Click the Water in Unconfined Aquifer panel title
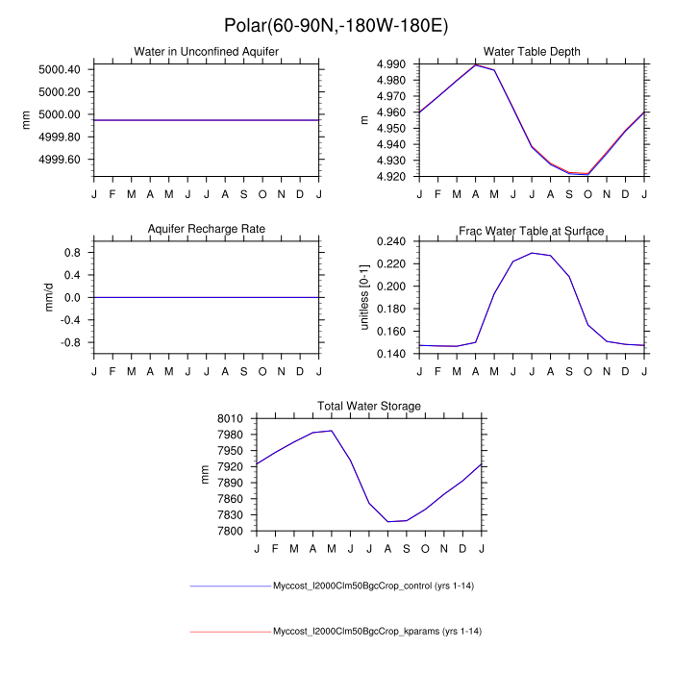pyautogui.click(x=206, y=51)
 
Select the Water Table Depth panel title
pyautogui.click(x=532, y=51)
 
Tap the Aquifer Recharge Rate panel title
pyautogui.click(x=206, y=229)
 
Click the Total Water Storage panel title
pyautogui.click(x=369, y=407)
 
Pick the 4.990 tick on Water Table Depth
pyautogui.click(x=393, y=64)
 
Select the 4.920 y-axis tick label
pyautogui.click(x=393, y=177)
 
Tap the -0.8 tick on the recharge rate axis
pyautogui.click(x=70, y=342)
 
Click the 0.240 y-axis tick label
pyautogui.click(x=393, y=241)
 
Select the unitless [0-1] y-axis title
pyautogui.click(x=365, y=297)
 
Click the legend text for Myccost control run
pyautogui.click(x=377, y=586)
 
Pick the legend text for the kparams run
pyautogui.click(x=377, y=632)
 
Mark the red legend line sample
pyautogui.click(x=231, y=632)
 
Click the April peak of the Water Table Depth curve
pyautogui.click(x=476, y=64)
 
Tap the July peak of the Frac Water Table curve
pyautogui.click(x=532, y=253)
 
